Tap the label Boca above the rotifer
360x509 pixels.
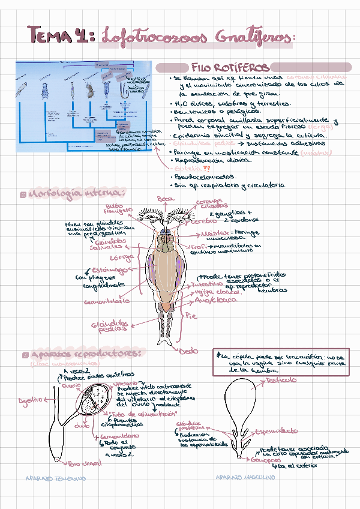click(165, 199)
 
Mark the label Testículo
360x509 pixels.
click(281, 381)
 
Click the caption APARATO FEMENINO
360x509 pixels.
click(56, 478)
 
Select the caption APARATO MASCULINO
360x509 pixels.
click(245, 477)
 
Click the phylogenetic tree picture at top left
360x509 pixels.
click(84, 105)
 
